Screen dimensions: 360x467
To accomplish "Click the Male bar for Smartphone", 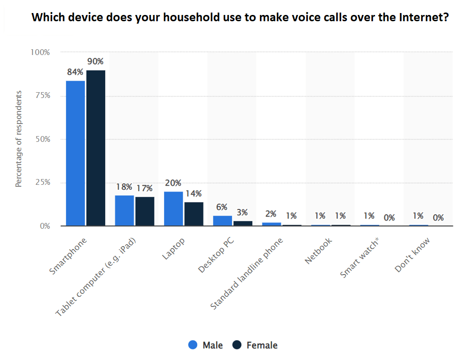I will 75,153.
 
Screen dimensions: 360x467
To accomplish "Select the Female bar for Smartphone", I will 96,148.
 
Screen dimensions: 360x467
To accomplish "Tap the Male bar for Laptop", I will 174,208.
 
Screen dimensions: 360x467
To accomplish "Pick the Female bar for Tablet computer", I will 145,211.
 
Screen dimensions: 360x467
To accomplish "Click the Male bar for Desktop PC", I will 223,221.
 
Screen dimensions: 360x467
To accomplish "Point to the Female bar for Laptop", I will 194,214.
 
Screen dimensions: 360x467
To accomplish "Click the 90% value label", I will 95,61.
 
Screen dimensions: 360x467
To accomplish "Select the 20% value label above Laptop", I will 173,183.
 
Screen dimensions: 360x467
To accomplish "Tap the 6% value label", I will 221,207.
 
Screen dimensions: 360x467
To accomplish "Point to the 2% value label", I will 271,214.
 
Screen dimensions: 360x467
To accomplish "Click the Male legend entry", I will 206,345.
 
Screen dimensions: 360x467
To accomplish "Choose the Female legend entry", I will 255,345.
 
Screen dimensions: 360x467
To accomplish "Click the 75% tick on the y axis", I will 41,96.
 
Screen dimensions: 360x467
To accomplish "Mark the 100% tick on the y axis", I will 40,52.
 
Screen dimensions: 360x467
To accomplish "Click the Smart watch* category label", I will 359,258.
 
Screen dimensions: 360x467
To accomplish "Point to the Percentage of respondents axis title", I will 19,138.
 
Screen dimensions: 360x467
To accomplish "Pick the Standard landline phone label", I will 247,273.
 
